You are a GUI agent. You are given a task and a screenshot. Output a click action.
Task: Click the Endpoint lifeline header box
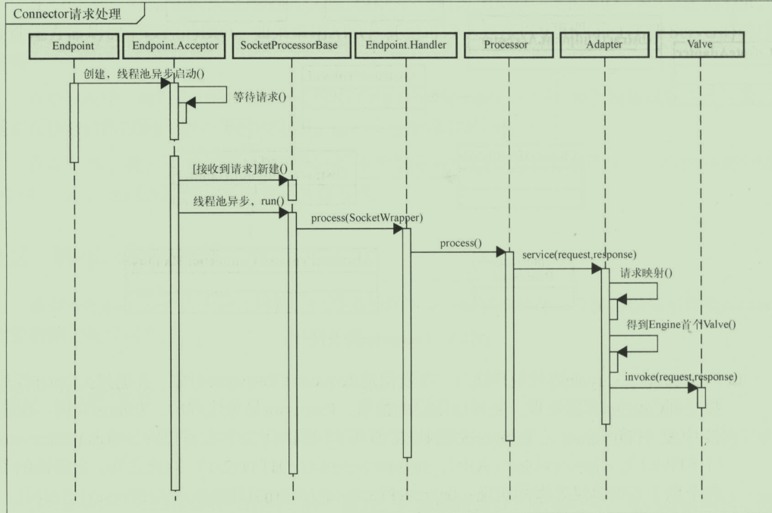click(74, 46)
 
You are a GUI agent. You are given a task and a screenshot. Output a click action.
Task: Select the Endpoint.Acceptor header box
click(175, 46)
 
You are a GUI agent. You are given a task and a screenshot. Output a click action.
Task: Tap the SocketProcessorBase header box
click(288, 46)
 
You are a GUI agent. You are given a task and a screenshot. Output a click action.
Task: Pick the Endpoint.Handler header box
click(405, 46)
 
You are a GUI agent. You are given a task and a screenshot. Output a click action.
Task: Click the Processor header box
click(509, 46)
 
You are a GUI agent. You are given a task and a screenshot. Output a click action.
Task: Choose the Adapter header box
click(604, 46)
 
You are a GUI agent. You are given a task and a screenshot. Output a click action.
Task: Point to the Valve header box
click(700, 46)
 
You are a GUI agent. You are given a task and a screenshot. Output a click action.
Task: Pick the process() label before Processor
click(461, 243)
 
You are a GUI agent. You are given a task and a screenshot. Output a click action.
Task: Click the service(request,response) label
click(579, 253)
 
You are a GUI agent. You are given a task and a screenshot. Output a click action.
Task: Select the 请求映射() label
click(647, 272)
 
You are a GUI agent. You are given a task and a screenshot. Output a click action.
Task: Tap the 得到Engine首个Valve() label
click(681, 324)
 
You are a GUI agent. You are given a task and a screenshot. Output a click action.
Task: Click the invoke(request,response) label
click(681, 376)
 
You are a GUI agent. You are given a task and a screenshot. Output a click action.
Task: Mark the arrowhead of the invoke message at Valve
click(693, 389)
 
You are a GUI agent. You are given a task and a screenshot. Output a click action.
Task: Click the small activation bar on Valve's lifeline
click(701, 397)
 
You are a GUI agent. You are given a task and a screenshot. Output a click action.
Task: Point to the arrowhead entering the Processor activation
click(501, 251)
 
